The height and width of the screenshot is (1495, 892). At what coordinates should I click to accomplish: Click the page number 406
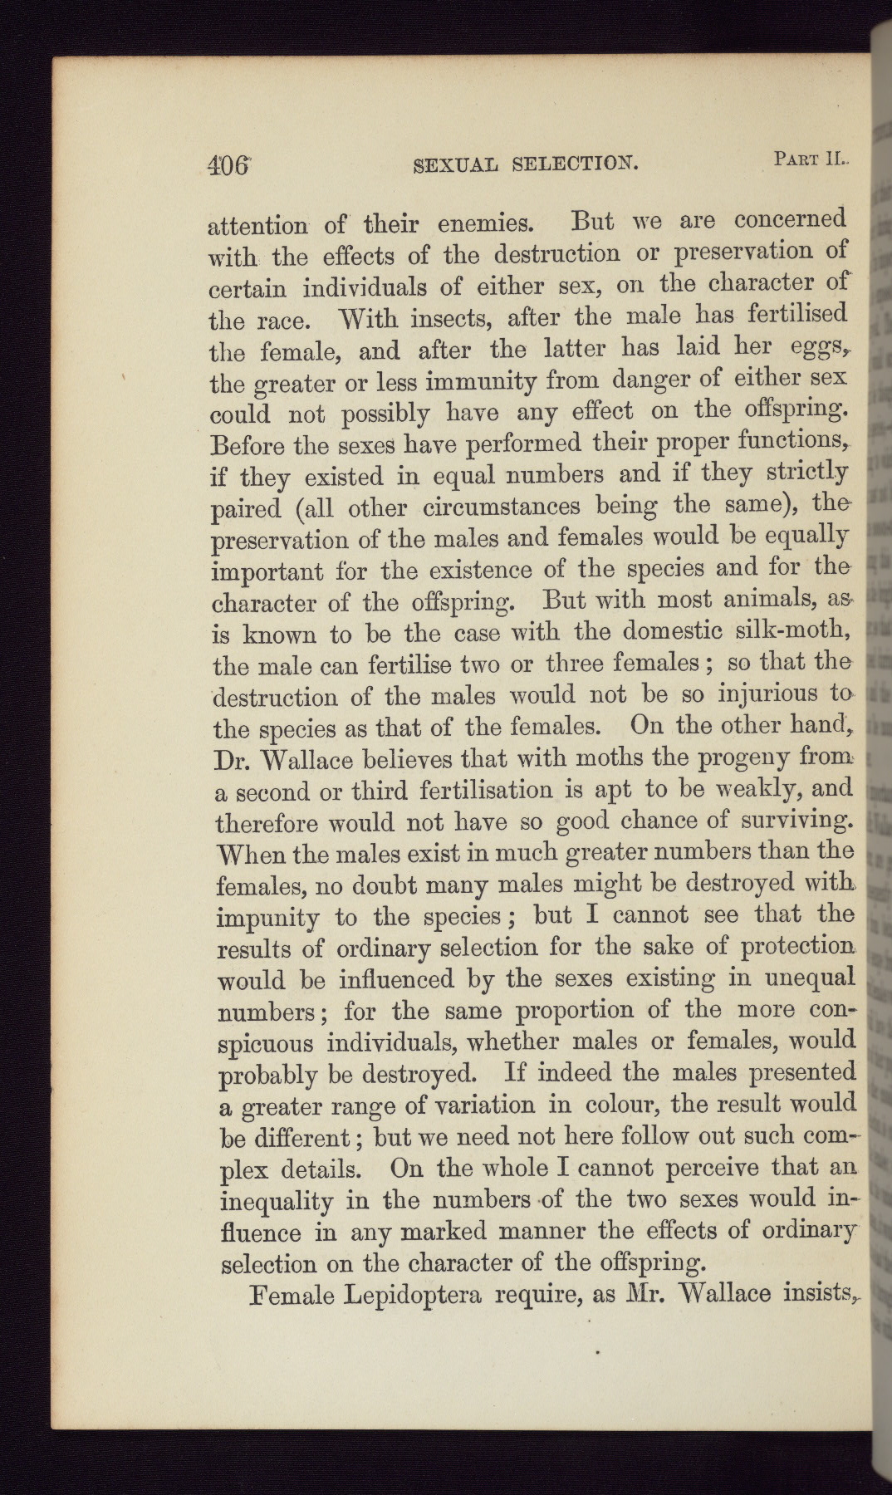[x=228, y=164]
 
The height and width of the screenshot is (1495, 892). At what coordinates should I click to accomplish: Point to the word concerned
[x=790, y=219]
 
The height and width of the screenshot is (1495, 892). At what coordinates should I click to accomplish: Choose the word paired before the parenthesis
[x=245, y=509]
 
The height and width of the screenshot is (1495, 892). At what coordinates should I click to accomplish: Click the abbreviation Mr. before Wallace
[x=625, y=1293]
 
